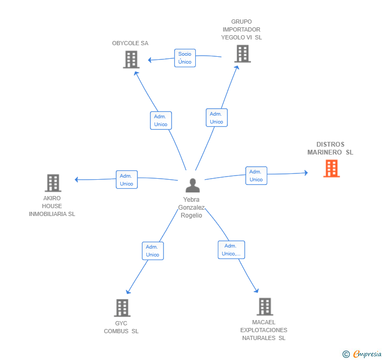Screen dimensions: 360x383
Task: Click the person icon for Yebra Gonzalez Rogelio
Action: (193, 186)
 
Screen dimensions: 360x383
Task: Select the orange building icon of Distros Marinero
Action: (331, 168)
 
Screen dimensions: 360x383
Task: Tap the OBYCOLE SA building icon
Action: (131, 59)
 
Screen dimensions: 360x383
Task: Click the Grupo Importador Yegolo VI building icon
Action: (242, 54)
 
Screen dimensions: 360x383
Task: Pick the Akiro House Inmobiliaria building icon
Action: (53, 183)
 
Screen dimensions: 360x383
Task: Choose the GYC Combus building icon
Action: (122, 308)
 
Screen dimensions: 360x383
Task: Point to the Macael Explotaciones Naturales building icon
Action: (264, 307)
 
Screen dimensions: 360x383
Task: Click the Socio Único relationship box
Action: (185, 58)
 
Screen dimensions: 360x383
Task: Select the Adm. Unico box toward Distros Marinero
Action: (256, 176)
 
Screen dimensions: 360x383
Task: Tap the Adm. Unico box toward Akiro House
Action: (126, 180)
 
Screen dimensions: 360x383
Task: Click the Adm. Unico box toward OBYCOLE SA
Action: (160, 120)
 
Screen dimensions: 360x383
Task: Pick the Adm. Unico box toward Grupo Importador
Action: (216, 118)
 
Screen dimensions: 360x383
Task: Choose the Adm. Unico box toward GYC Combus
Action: (153, 251)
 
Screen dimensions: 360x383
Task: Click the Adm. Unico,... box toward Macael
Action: (231, 250)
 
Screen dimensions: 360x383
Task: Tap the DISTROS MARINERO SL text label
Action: (330, 148)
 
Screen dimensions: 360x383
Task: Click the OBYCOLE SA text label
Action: (130, 43)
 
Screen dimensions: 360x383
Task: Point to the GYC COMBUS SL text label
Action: (121, 327)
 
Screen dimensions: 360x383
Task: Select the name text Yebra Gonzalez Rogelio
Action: (193, 208)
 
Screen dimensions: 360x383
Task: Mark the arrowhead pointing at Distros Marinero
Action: (306, 172)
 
